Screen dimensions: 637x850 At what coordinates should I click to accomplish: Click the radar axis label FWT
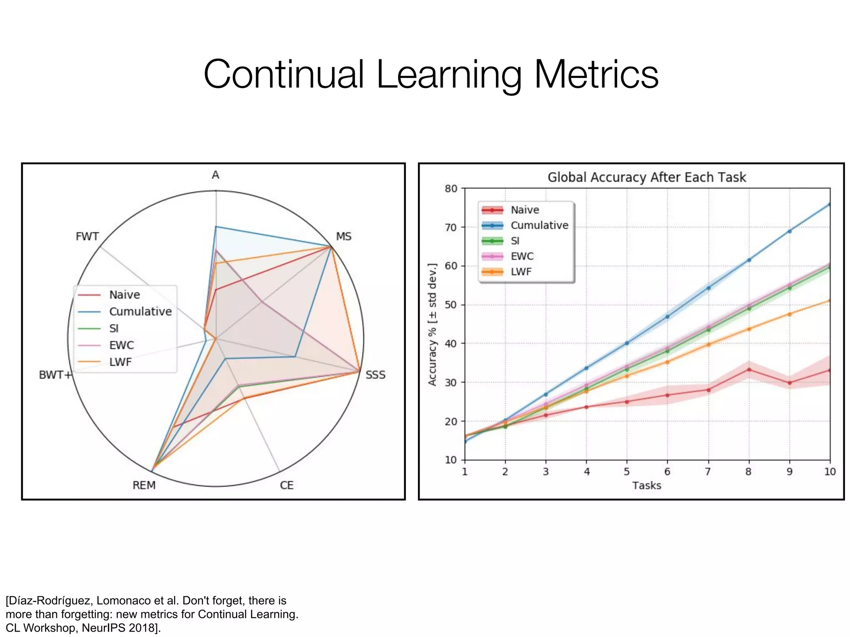87,236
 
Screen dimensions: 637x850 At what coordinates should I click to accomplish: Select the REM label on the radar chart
144,485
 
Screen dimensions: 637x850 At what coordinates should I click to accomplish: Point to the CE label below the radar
286,485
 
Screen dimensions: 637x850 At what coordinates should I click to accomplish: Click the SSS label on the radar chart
375,375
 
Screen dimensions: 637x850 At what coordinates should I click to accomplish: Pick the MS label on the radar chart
344,236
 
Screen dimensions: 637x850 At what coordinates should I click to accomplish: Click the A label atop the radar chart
215,175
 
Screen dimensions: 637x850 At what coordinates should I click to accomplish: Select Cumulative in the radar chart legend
140,311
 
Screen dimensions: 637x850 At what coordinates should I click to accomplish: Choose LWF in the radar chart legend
120,362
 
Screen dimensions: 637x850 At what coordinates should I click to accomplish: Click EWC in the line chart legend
522,256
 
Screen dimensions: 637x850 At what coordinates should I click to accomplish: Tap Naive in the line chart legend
525,210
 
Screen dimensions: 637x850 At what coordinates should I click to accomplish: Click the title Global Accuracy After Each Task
647,177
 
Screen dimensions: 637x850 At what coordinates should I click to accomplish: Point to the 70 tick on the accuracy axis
451,227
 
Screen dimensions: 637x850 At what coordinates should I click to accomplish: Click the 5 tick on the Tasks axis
627,472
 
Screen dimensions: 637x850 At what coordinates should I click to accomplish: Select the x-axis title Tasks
647,486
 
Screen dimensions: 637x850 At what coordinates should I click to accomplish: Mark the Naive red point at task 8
749,370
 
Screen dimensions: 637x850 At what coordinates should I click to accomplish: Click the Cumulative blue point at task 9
789,231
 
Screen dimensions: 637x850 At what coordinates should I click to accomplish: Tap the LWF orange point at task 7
708,344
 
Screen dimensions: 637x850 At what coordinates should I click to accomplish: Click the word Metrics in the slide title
596,75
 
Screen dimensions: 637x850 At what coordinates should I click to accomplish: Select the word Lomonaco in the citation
127,601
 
